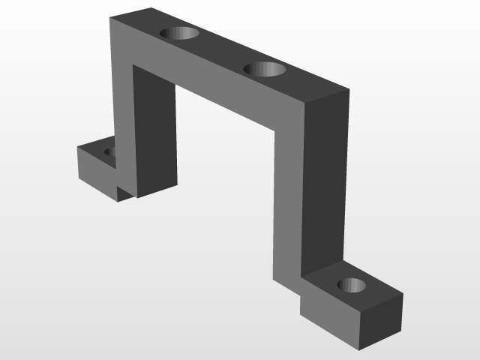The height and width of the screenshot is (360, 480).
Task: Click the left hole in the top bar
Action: click(x=181, y=33)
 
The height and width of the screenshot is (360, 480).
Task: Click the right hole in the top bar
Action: click(x=265, y=70)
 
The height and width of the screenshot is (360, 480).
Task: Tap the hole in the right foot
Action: click(x=351, y=285)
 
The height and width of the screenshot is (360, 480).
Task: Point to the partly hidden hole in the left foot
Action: click(x=109, y=152)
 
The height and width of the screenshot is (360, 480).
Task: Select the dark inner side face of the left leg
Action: click(x=155, y=131)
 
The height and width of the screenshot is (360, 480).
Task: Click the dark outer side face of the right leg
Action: click(x=325, y=187)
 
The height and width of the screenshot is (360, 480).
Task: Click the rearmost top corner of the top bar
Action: click(x=150, y=8)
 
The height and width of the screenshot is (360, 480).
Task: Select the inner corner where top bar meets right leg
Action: click(x=275, y=132)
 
